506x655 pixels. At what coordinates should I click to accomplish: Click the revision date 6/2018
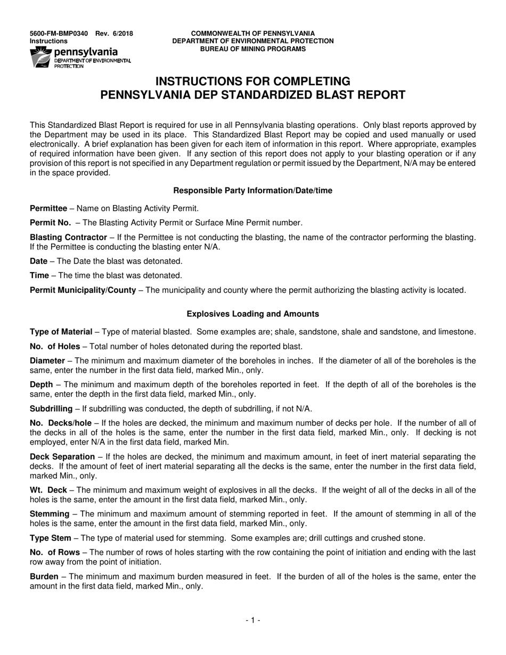tap(122, 34)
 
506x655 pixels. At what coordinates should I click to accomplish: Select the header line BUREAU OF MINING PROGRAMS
tap(253, 48)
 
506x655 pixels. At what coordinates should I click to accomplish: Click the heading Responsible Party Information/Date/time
tap(253, 191)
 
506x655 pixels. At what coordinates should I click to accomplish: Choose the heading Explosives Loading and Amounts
tap(253, 314)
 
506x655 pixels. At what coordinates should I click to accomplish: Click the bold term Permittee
tap(48, 208)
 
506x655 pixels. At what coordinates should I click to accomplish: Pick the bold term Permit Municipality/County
tap(83, 290)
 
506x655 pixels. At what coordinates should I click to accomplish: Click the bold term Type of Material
tap(61, 332)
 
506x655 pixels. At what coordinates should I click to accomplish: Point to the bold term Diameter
tap(47, 361)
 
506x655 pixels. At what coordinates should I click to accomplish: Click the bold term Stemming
tap(50, 514)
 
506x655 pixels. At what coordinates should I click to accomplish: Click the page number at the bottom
tap(253, 620)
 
